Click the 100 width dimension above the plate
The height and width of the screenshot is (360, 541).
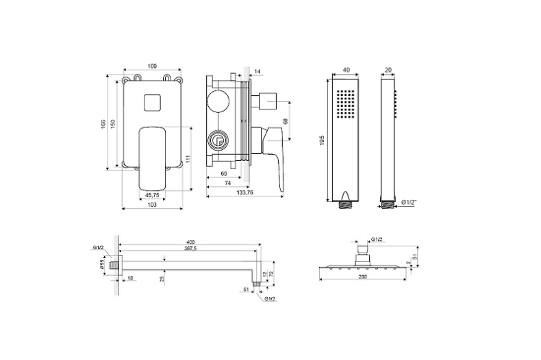coord(152,66)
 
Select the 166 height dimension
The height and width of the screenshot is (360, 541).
coord(103,124)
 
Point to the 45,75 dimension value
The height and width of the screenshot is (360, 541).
coord(152,195)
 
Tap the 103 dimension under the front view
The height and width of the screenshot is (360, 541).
coord(152,205)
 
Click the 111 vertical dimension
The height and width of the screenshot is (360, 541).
coord(188,159)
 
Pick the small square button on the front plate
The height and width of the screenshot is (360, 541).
coord(153,103)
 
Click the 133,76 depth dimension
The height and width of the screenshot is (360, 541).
coord(244,192)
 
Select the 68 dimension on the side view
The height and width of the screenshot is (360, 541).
coord(286,121)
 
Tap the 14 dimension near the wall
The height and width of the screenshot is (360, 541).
coord(257,71)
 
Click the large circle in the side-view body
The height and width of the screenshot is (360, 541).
coord(218,101)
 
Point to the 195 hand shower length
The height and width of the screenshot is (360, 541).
coord(322,140)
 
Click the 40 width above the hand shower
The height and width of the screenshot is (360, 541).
coord(346,70)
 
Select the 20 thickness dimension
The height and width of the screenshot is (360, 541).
coord(388,70)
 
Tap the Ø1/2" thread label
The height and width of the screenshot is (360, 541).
coord(410,203)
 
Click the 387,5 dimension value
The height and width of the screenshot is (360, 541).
coord(190,248)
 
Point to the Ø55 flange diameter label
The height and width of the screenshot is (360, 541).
coord(102,265)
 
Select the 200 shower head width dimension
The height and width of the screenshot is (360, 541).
coord(363,277)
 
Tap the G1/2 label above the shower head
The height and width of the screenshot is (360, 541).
coord(377,240)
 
